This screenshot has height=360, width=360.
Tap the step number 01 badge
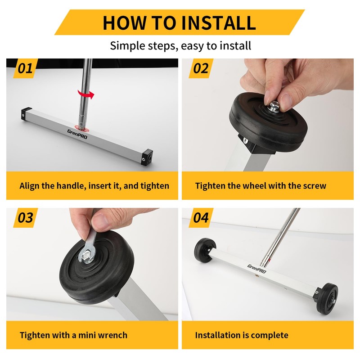(26, 68)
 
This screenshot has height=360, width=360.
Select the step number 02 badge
(201, 68)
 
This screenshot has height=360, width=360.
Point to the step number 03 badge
(26, 218)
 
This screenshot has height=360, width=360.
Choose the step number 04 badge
(201, 218)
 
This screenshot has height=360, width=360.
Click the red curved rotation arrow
(86, 94)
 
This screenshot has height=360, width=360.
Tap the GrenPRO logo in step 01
(77, 134)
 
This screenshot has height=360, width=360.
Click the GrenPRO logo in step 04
(256, 269)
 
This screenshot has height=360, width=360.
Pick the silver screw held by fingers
(275, 107)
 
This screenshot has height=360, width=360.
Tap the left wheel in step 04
(204, 250)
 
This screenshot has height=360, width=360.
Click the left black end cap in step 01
(26, 113)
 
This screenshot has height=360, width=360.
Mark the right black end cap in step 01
(147, 157)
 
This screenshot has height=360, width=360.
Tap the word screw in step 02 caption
(315, 186)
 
